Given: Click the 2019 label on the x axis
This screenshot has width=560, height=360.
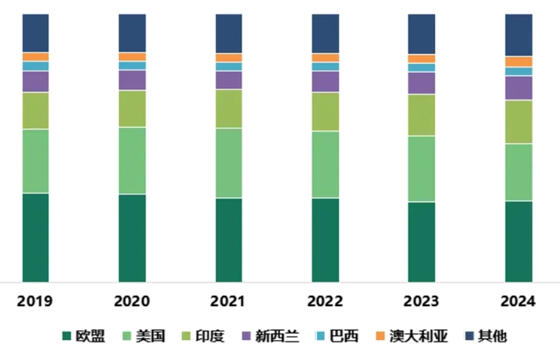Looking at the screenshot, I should (x=35, y=301).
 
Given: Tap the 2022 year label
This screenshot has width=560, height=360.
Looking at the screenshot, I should (x=325, y=301).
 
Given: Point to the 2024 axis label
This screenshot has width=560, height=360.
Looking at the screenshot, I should (x=518, y=301).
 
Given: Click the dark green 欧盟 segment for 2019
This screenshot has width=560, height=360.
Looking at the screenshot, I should (x=36, y=238).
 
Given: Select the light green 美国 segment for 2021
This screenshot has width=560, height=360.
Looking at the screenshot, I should (x=228, y=162).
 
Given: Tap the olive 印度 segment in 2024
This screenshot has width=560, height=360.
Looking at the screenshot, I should (x=518, y=122).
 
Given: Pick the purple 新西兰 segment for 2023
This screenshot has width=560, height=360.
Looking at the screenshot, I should (x=421, y=83).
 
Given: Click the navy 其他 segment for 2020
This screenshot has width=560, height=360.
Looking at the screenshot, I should (x=132, y=33).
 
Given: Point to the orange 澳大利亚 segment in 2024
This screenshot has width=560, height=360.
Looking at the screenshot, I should (x=518, y=62).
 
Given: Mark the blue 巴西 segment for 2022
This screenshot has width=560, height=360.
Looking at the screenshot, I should (x=325, y=67).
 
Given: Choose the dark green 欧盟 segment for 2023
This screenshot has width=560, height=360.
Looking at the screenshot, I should (x=421, y=242).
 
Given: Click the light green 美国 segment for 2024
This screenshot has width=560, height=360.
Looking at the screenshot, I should (x=518, y=172).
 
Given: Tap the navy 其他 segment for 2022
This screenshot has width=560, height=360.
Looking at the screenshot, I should (x=325, y=33).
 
